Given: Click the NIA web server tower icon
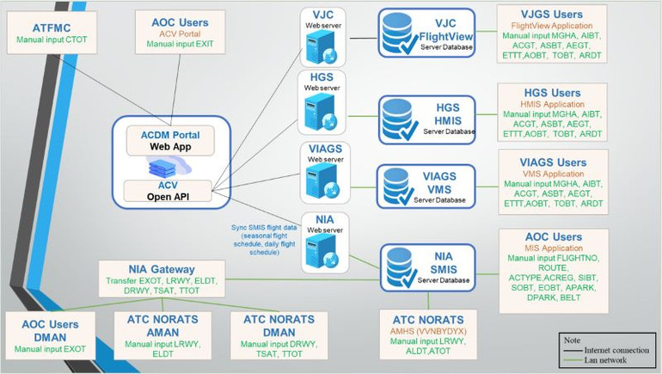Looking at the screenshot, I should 322,250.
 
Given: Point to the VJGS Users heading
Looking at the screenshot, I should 552,14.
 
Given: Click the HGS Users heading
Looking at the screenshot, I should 553,93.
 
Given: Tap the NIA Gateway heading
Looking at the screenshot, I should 162,270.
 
